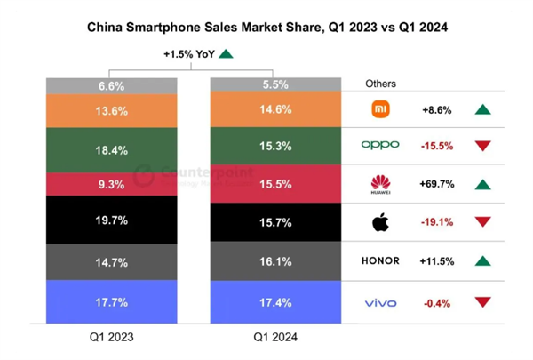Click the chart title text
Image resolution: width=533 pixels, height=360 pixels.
[266, 28]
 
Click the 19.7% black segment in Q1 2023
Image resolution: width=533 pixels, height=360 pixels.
[112, 220]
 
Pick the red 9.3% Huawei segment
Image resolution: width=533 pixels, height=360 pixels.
[112, 183]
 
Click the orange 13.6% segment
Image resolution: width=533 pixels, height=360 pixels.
[112, 112]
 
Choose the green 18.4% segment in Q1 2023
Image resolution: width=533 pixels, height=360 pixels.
[112, 150]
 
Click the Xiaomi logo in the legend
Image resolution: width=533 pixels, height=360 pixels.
[380, 109]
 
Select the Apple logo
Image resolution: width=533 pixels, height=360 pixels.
[380, 221]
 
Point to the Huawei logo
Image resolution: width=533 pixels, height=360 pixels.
[380, 184]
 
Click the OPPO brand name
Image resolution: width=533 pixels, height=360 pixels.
[380, 145]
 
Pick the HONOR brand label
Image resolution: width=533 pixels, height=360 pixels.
[380, 260]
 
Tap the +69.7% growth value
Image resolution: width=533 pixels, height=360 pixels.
[439, 184]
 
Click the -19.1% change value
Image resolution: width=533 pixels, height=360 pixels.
[439, 222]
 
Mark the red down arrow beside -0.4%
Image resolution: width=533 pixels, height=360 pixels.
[482, 303]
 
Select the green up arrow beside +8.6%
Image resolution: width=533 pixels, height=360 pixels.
[482, 109]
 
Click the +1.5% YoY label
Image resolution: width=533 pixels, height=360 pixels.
[188, 54]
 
